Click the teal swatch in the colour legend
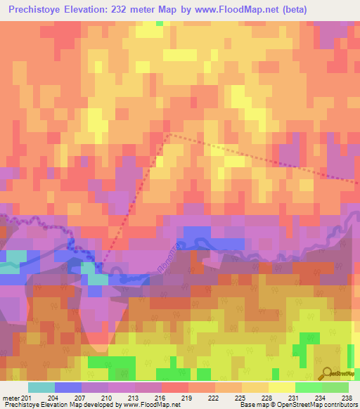tap(41, 387)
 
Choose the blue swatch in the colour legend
tap(67, 387)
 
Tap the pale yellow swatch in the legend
tap(281, 387)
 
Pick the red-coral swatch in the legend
tap(174, 387)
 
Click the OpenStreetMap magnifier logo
tap(325, 373)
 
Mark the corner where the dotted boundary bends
tap(169, 134)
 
